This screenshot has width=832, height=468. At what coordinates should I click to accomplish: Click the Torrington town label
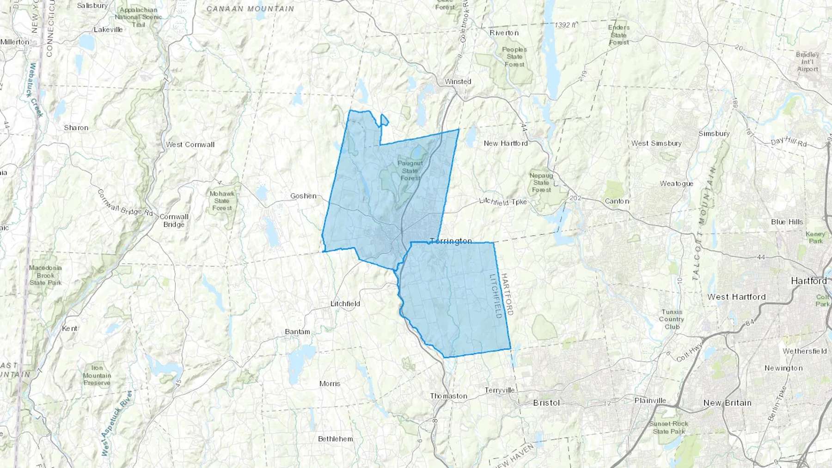pos(451,241)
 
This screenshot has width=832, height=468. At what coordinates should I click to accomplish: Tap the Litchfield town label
pos(345,304)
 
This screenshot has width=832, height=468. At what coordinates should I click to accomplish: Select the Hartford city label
pos(808,281)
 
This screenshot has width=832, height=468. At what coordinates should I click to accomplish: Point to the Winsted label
pos(458,81)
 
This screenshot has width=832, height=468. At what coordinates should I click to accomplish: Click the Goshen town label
pos(303,196)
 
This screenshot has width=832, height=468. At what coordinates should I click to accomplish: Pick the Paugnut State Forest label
pos(410,170)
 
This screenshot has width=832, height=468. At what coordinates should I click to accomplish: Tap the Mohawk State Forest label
pos(222,201)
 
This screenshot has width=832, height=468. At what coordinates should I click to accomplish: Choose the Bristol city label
pos(546,403)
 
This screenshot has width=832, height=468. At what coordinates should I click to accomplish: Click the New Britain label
pos(727,403)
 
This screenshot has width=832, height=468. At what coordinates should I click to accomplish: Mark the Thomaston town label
pos(448,396)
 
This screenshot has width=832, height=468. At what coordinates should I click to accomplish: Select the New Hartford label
pos(506,143)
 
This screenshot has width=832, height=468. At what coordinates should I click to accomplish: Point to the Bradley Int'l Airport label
pos(807,62)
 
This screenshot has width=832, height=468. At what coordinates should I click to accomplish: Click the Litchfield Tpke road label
pos(503,201)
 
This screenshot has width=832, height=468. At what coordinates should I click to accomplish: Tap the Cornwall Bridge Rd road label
pos(125,203)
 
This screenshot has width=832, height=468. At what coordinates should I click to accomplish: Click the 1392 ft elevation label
pos(565,25)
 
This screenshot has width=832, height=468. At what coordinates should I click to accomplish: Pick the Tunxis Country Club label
pos(672,319)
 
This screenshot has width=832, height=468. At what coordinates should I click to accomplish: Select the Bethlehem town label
pos(335,439)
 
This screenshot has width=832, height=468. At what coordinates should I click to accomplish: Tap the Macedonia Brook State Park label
pos(45,275)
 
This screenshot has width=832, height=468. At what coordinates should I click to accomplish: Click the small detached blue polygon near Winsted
pos(384,121)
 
